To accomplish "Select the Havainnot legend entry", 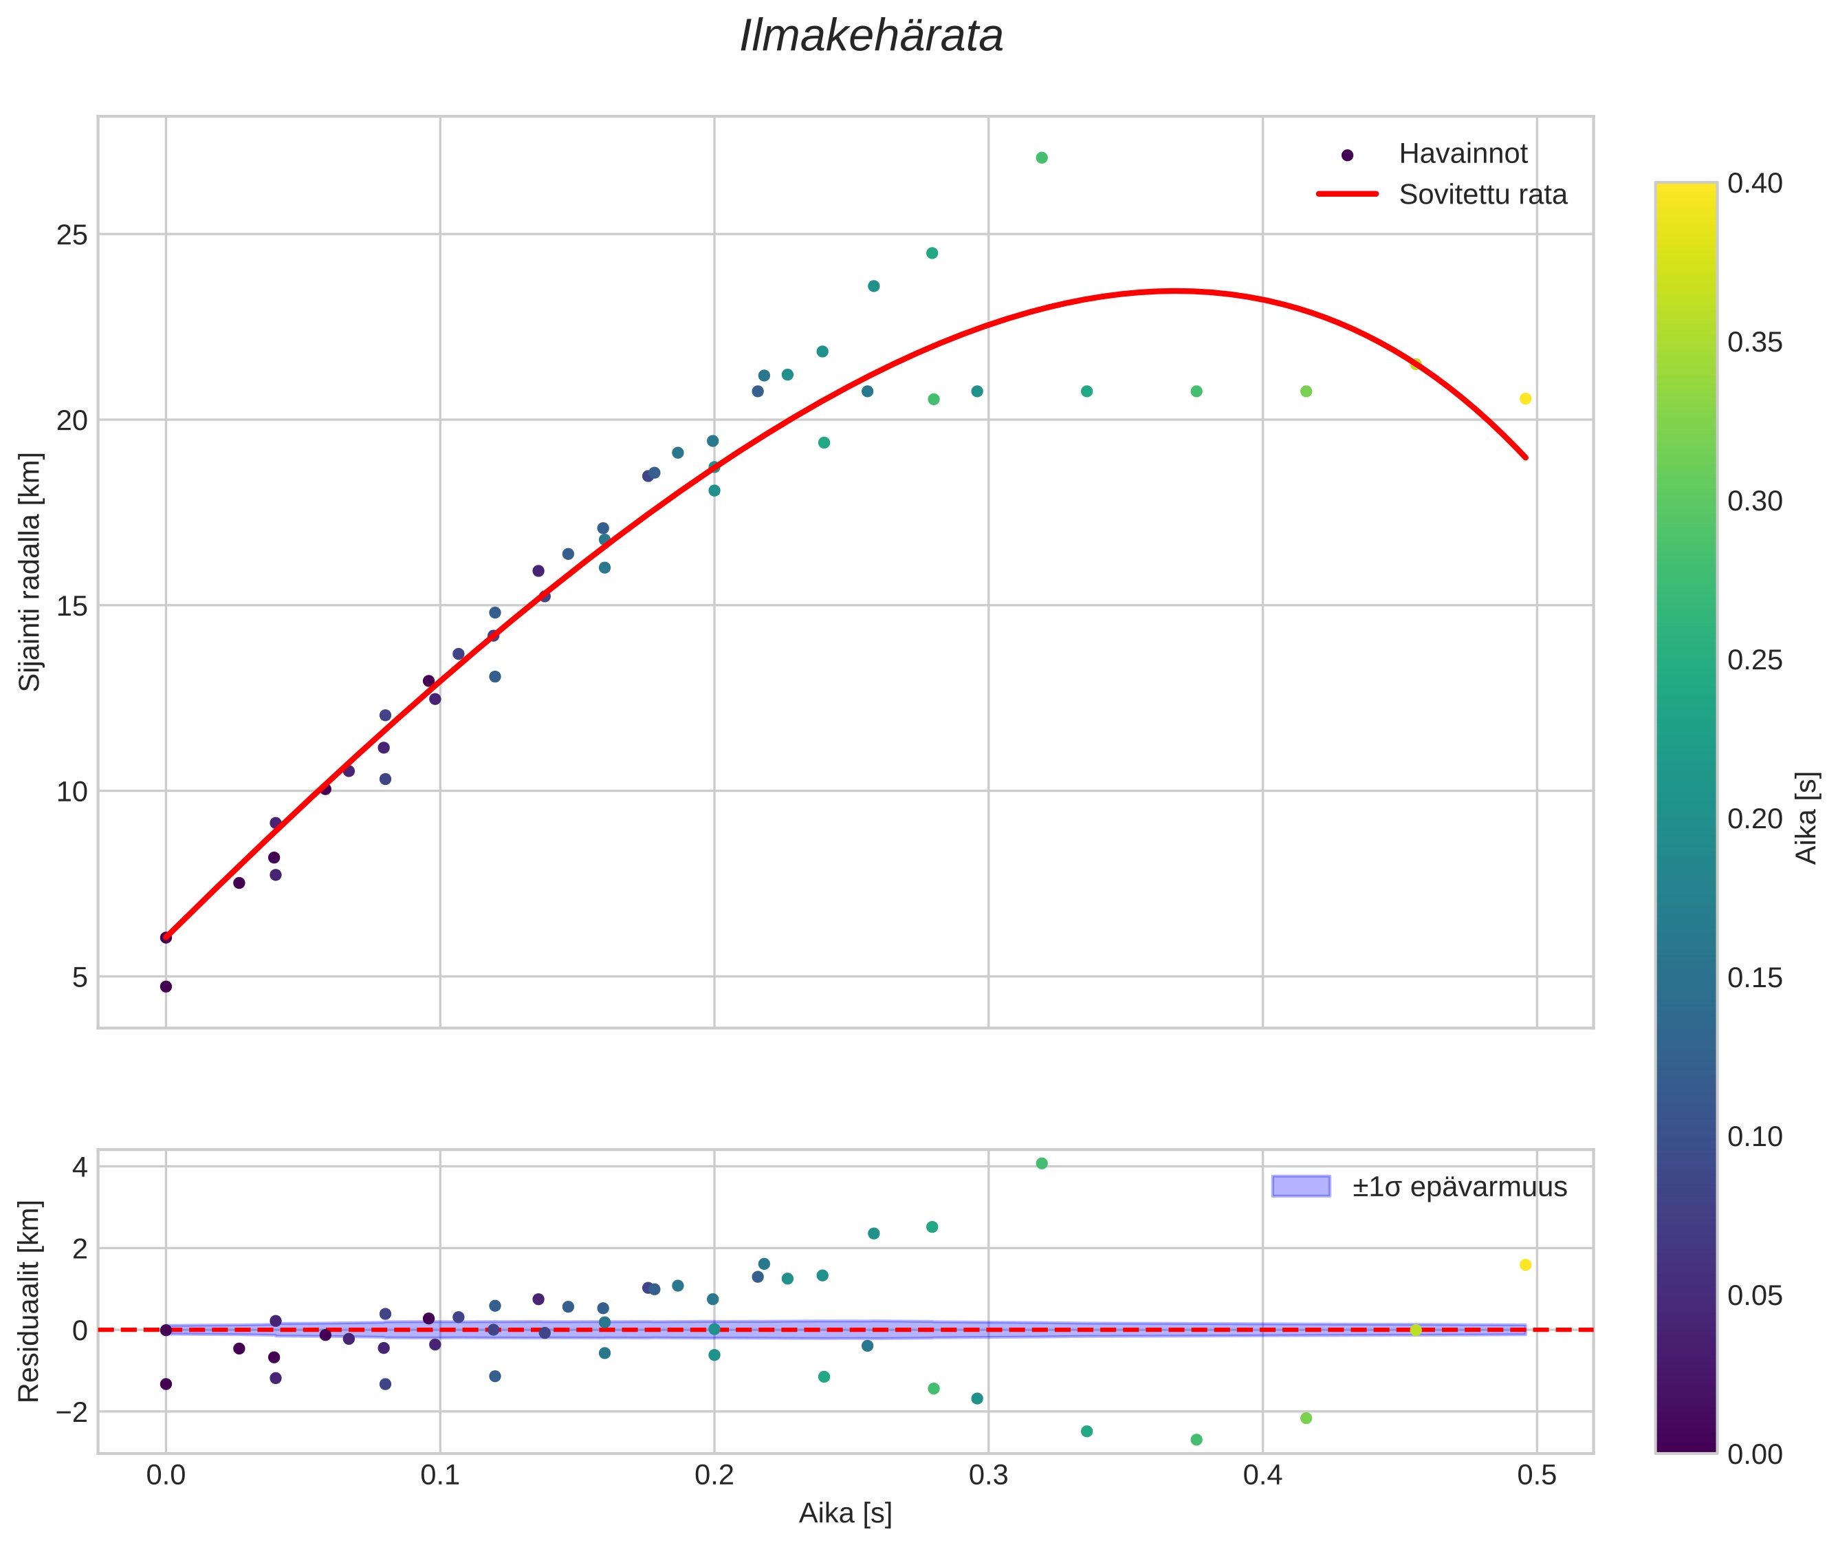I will point(1463,154).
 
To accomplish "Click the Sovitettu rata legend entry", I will point(1483,195).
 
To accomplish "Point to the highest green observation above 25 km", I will point(1042,158).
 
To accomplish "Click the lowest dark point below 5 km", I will point(166,986).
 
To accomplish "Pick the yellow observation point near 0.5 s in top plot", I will point(1525,398).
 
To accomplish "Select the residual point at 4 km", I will point(1042,1163).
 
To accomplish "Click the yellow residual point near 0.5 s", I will point(1525,1265).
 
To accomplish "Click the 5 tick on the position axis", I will point(80,977).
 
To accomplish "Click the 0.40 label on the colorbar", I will point(1755,183).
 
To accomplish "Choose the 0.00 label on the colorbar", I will point(1755,1454).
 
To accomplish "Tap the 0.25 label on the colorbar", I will point(1755,660).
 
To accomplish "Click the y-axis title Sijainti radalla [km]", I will point(31,571).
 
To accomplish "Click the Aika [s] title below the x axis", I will point(845,1513).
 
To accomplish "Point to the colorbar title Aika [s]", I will point(1807,817).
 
